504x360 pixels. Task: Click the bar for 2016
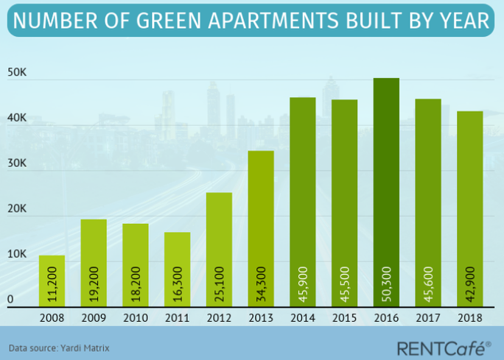[x=386, y=192]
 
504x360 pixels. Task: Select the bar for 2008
[x=52, y=280]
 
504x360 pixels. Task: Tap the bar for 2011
[x=177, y=269]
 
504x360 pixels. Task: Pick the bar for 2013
[x=261, y=228]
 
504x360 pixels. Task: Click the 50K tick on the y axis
[x=18, y=74]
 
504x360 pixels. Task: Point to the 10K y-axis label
[x=18, y=255]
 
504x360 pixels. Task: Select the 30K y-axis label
[x=18, y=164]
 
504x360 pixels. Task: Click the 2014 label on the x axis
[x=302, y=318]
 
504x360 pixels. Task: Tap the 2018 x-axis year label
[x=469, y=318]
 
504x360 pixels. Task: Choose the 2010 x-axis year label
[x=135, y=318]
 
